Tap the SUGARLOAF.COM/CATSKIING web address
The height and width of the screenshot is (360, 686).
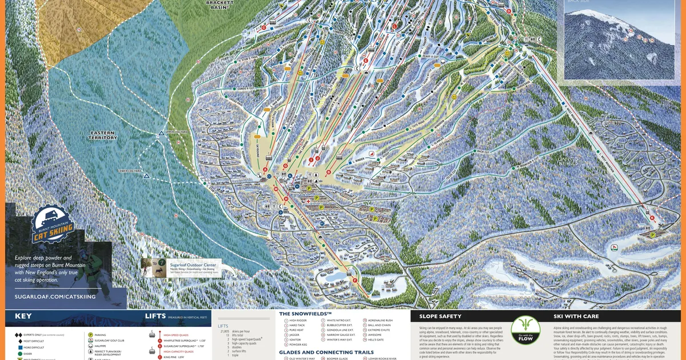coord(54,297)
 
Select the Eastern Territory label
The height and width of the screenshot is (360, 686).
coord(103,135)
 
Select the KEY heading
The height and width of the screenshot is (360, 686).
coord(23,316)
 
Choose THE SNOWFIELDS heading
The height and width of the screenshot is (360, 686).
coord(305,314)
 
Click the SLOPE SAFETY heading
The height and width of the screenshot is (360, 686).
coord(441,316)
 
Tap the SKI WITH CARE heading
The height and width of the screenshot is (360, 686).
coord(576,316)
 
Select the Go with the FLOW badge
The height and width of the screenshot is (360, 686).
coord(525,330)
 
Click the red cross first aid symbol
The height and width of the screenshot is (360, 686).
coord(309,201)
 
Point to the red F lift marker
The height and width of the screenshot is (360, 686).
coord(354,280)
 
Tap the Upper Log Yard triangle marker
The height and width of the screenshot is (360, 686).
coord(161,133)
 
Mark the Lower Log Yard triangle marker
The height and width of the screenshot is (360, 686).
coord(147,176)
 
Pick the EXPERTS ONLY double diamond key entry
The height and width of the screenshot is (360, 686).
coord(40,334)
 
